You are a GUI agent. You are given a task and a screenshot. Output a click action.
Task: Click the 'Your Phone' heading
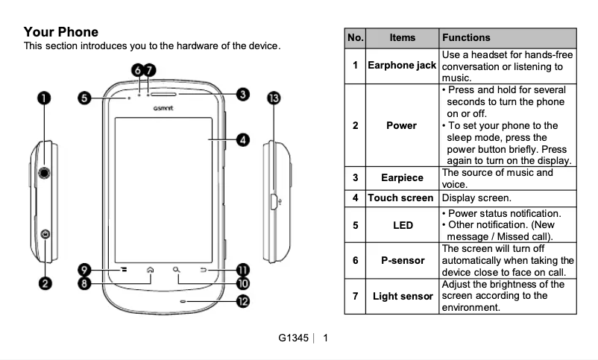pyautogui.click(x=61, y=32)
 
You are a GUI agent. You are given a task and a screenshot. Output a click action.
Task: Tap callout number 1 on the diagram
pyautogui.click(x=45, y=98)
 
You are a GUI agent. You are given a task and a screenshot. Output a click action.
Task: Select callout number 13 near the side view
pyautogui.click(x=274, y=98)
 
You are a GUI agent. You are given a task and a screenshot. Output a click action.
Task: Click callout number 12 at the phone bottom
pyautogui.click(x=242, y=301)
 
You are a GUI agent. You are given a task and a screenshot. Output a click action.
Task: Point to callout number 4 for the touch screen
pyautogui.click(x=242, y=139)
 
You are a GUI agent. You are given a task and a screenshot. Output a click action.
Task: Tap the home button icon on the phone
pyautogui.click(x=151, y=270)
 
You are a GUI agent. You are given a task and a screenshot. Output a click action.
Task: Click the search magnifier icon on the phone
pyautogui.click(x=176, y=270)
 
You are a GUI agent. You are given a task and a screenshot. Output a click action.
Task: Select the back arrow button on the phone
pyautogui.click(x=202, y=270)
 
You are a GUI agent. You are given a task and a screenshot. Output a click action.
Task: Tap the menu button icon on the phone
pyautogui.click(x=125, y=270)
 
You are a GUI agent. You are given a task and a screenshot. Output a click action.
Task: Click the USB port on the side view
pyautogui.click(x=274, y=201)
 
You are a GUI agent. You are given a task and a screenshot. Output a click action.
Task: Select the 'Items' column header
pyautogui.click(x=403, y=37)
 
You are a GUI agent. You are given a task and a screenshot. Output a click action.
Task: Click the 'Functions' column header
pyautogui.click(x=466, y=37)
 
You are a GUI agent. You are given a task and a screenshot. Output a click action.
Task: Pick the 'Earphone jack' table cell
pyautogui.click(x=402, y=66)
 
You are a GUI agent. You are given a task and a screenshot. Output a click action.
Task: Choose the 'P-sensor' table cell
pyautogui.click(x=402, y=260)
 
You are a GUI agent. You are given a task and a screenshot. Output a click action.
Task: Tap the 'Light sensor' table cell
pyautogui.click(x=402, y=296)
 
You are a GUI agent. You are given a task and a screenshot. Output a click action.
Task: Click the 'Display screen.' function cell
pyautogui.click(x=476, y=198)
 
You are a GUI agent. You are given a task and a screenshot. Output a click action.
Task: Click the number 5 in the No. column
pyautogui.click(x=356, y=224)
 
